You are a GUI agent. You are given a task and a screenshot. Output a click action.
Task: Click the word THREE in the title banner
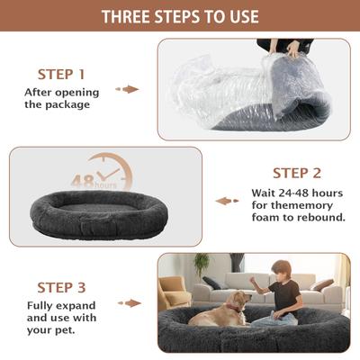127,17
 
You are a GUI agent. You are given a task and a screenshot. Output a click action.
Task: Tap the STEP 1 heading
61,74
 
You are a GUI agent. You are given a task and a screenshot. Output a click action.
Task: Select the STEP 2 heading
296,172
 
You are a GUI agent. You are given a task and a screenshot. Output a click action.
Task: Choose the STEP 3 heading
61,287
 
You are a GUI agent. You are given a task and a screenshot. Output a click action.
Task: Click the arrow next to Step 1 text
130,89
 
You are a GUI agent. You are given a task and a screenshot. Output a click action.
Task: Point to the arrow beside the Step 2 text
227,201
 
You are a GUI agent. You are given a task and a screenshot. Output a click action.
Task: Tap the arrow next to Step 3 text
130,303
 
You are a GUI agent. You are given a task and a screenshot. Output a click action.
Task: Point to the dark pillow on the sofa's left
212,283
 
